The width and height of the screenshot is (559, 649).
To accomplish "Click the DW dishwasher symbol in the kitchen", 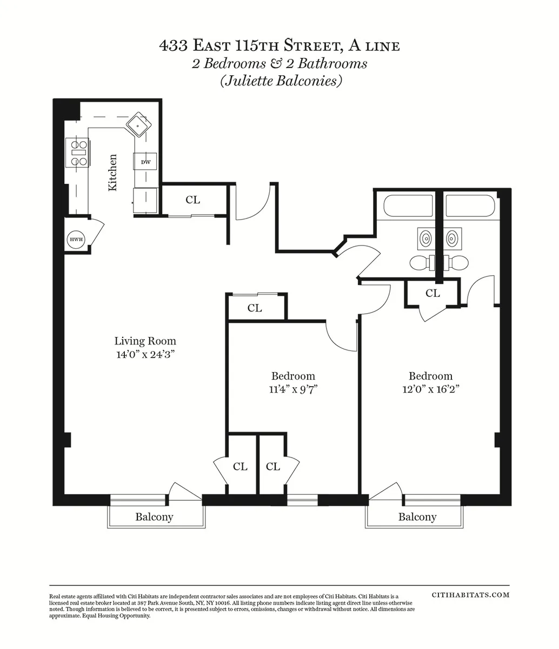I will [145, 162].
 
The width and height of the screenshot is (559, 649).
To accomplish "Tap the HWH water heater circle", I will [75, 240].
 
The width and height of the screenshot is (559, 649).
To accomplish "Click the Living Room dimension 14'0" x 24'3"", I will [145, 355].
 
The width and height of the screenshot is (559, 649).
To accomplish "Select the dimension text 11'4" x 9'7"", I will [292, 390].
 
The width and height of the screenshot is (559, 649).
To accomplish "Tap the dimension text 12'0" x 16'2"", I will [430, 389].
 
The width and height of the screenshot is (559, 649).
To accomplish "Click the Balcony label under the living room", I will [154, 517].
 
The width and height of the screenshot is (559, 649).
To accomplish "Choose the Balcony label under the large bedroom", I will [417, 517].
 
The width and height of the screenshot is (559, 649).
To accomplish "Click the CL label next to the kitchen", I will [192, 200].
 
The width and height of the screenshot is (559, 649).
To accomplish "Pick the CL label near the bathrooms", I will [432, 294].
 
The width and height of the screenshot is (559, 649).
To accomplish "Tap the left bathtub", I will [408, 206].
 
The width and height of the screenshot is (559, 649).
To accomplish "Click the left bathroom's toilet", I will [423, 263].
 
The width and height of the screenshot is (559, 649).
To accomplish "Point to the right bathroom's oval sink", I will [453, 237].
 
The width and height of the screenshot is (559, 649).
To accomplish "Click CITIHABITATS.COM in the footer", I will [470, 594].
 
